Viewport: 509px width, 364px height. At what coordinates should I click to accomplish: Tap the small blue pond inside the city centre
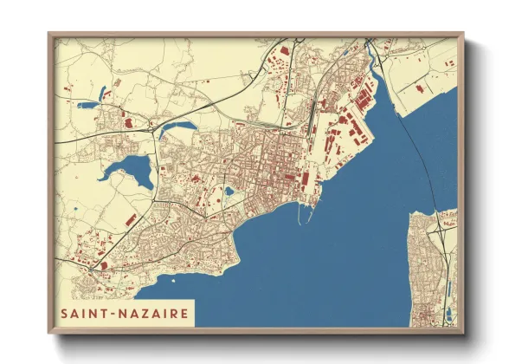click(x=229, y=191)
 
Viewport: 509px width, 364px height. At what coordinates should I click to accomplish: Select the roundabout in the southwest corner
click(x=90, y=270)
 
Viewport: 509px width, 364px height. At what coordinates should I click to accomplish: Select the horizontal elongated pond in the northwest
click(x=88, y=105)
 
